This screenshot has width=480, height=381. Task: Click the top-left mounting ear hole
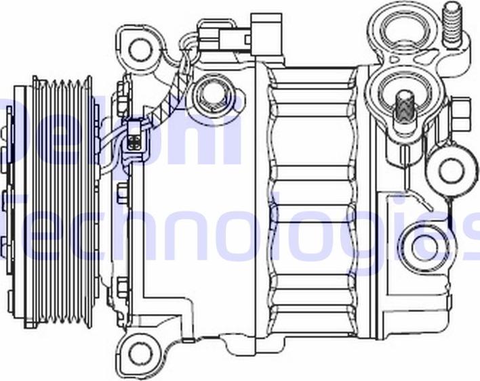140,48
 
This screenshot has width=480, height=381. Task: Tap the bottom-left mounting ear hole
140,351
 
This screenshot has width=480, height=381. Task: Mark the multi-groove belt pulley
64,203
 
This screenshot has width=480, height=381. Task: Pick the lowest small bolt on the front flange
123,288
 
